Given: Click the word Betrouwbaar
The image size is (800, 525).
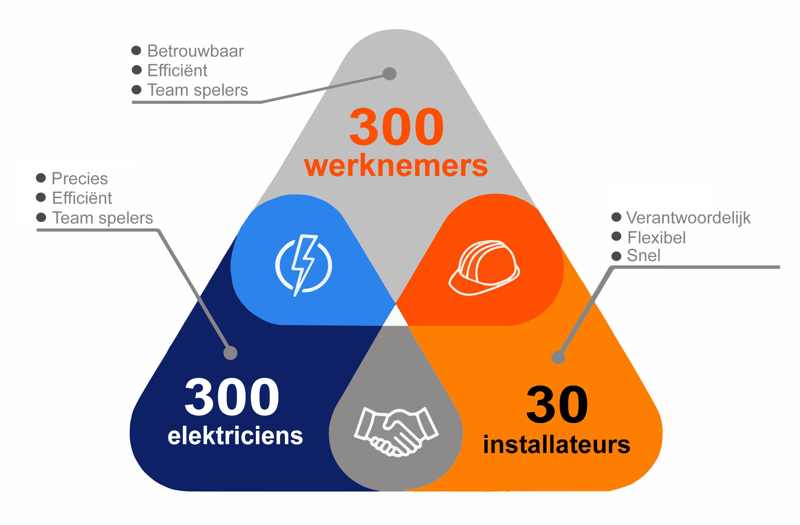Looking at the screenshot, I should [x=195, y=51].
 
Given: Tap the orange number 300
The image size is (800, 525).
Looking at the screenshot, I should [x=396, y=126].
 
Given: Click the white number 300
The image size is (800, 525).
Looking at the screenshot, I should [x=232, y=397].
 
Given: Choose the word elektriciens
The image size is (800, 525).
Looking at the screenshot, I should [x=235, y=436].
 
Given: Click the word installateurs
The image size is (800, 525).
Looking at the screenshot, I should [x=556, y=445].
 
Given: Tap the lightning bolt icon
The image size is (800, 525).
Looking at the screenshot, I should [x=303, y=265].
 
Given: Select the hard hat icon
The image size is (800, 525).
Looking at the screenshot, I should [x=484, y=268].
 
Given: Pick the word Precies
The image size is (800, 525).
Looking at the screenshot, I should [x=80, y=179].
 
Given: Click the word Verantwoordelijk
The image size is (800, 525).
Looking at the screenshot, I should [x=688, y=218].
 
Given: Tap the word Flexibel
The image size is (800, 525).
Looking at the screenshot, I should [x=656, y=238].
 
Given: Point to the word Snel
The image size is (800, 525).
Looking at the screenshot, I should [x=644, y=255].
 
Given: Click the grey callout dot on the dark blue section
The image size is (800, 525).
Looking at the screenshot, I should [x=230, y=353].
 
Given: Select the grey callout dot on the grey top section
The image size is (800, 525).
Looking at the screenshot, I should [x=389, y=73].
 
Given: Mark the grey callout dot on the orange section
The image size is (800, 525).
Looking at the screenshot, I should [x=558, y=358].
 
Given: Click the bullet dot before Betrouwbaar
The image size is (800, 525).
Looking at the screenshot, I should [x=136, y=51].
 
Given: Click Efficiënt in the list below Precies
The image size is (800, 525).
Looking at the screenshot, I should [x=82, y=198].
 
